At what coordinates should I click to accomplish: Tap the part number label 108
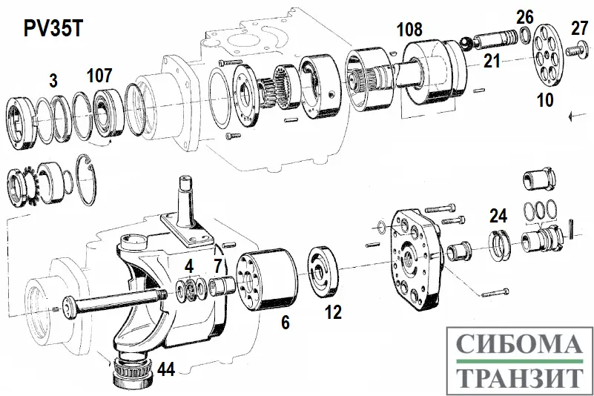pos(409,30)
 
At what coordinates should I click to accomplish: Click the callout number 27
pos(579,29)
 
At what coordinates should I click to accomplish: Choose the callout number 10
pos(545,99)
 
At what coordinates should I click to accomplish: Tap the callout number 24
pos(498,216)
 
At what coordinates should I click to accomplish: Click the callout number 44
pos(166,368)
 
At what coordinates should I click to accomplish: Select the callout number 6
pos(284,323)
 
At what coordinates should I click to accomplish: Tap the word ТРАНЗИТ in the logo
pos(517,377)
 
